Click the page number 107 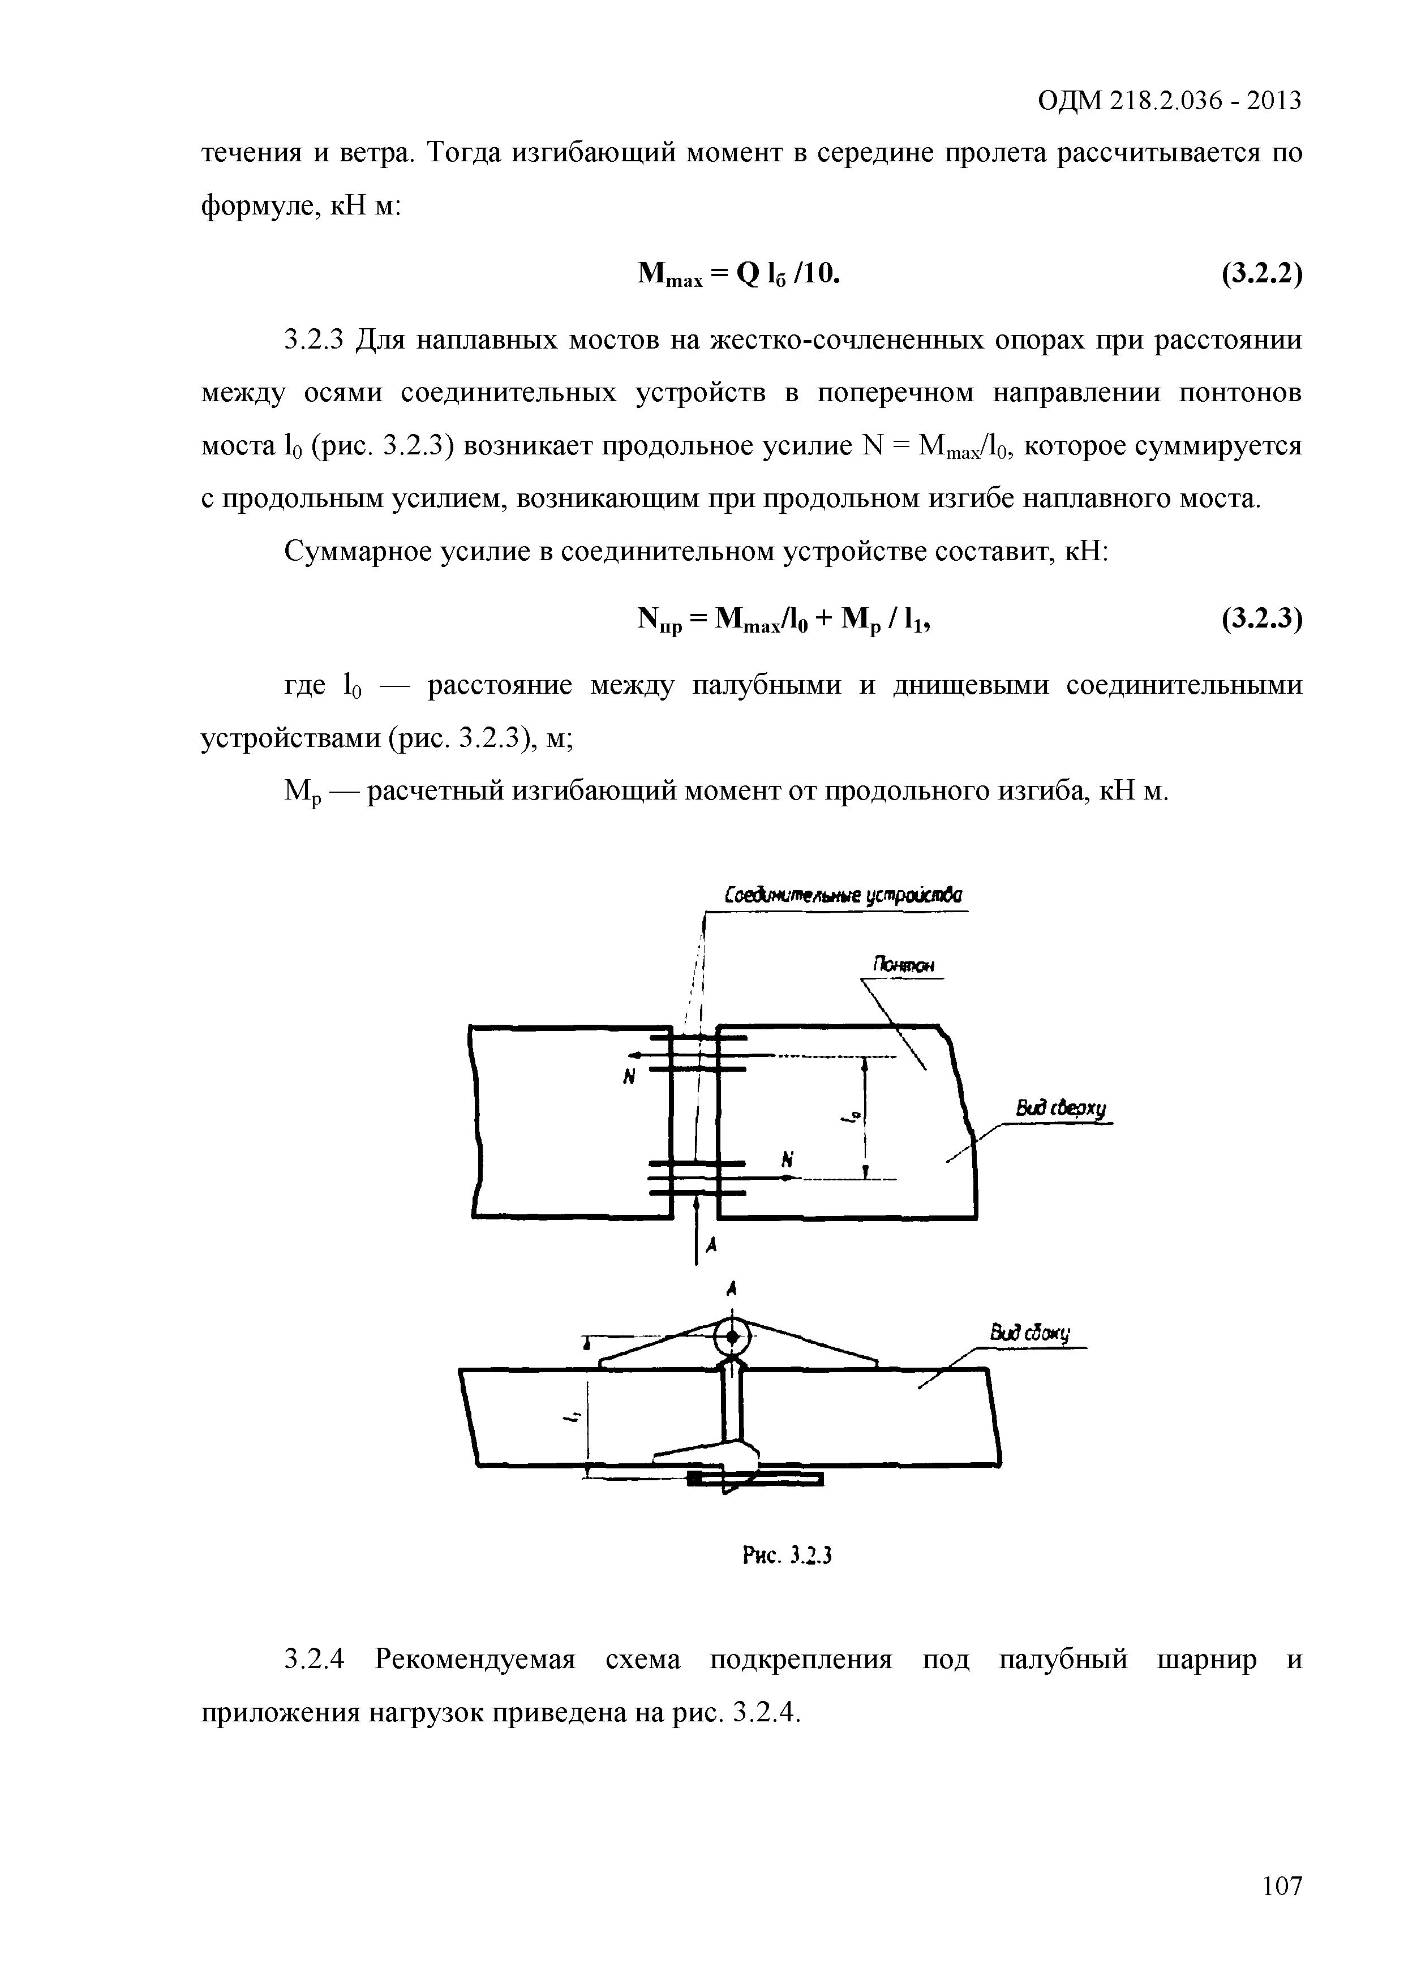pyautogui.click(x=1281, y=1885)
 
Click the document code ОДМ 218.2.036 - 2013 pyautogui.click(x=1169, y=102)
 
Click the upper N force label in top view pyautogui.click(x=629, y=1077)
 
